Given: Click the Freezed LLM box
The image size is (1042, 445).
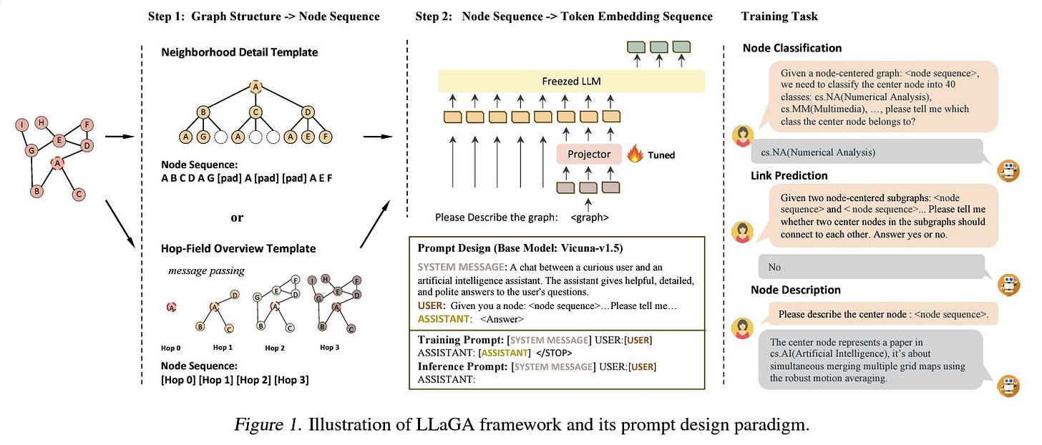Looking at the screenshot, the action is pos(571,82).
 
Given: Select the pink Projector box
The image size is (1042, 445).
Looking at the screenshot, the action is pos(589,155).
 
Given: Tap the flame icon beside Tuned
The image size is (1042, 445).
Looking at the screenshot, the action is pos(635,153).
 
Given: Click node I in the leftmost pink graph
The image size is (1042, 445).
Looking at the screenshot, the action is pos(22,124).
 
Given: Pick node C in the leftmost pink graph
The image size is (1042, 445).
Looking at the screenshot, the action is pos(79,194).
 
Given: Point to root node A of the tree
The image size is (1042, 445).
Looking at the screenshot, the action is pos(255,87).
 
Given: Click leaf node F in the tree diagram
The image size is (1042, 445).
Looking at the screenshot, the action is pos(325,137).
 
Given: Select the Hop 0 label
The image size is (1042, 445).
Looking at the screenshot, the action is pos(171,348).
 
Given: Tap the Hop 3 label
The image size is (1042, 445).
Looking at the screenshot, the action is pos(329,348).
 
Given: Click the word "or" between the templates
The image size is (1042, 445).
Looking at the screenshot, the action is pos(237,217).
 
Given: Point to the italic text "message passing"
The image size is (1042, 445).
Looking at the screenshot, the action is pos(206,270).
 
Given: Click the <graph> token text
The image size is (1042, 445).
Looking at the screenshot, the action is pos(590,217).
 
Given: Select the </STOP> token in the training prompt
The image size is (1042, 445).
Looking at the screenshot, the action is pos(554,353).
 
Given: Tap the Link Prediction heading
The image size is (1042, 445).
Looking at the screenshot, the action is pos(789,176).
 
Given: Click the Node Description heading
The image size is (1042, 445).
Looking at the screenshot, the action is pos(796,290).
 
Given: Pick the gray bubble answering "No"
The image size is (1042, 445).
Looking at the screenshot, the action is pos(871,267).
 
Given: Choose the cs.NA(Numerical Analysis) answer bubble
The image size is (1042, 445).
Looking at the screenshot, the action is pos(867,152).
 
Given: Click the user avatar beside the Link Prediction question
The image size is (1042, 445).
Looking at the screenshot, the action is pos(742,231).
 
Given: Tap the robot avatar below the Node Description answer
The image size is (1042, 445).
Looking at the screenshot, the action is pos(1008,386).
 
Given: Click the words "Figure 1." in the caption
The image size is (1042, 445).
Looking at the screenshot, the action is pos(268,424).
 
